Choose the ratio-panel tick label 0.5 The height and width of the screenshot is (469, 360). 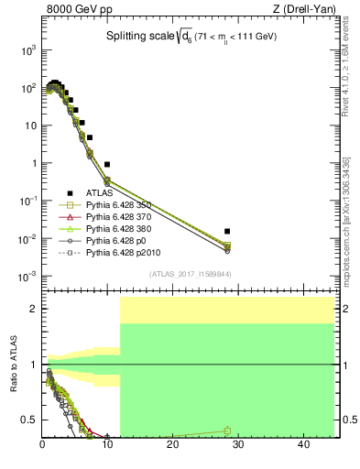tap(27, 420)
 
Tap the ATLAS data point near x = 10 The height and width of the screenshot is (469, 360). tap(108, 164)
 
